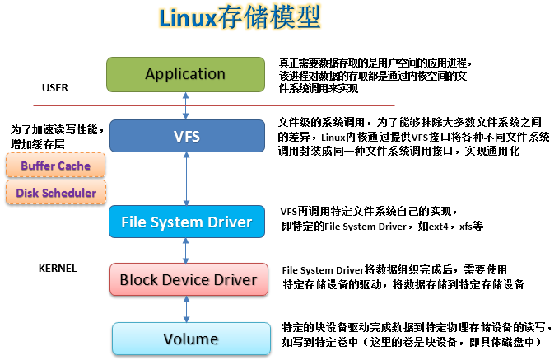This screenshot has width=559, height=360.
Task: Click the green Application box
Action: (185, 74)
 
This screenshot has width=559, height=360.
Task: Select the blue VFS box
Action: (185, 135)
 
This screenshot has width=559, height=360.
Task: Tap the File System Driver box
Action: (185, 222)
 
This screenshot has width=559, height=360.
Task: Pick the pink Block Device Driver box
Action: (189, 280)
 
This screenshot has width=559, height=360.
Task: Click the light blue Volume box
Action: (190, 339)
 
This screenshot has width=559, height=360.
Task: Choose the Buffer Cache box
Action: (56, 166)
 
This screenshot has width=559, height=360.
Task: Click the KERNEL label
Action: (58, 269)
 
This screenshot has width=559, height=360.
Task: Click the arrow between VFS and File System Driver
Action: (188, 179)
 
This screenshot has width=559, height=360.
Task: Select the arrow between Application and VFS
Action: (188, 105)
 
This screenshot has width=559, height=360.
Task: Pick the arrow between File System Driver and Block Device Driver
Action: (188, 250)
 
